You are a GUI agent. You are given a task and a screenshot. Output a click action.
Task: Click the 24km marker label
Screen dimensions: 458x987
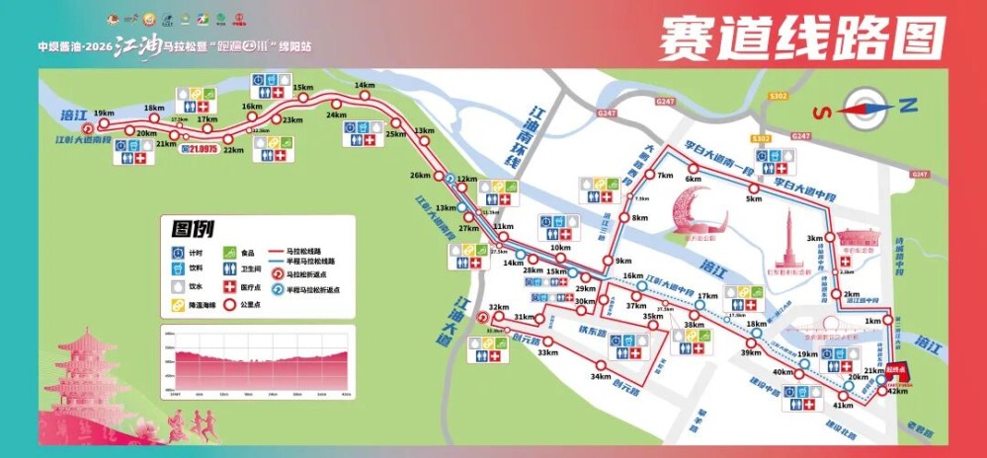336,114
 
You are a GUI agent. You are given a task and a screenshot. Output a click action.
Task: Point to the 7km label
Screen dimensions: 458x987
664,176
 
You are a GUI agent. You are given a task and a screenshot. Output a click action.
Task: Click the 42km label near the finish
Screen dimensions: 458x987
898,391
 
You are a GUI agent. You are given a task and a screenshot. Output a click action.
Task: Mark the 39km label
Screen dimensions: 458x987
751,353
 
